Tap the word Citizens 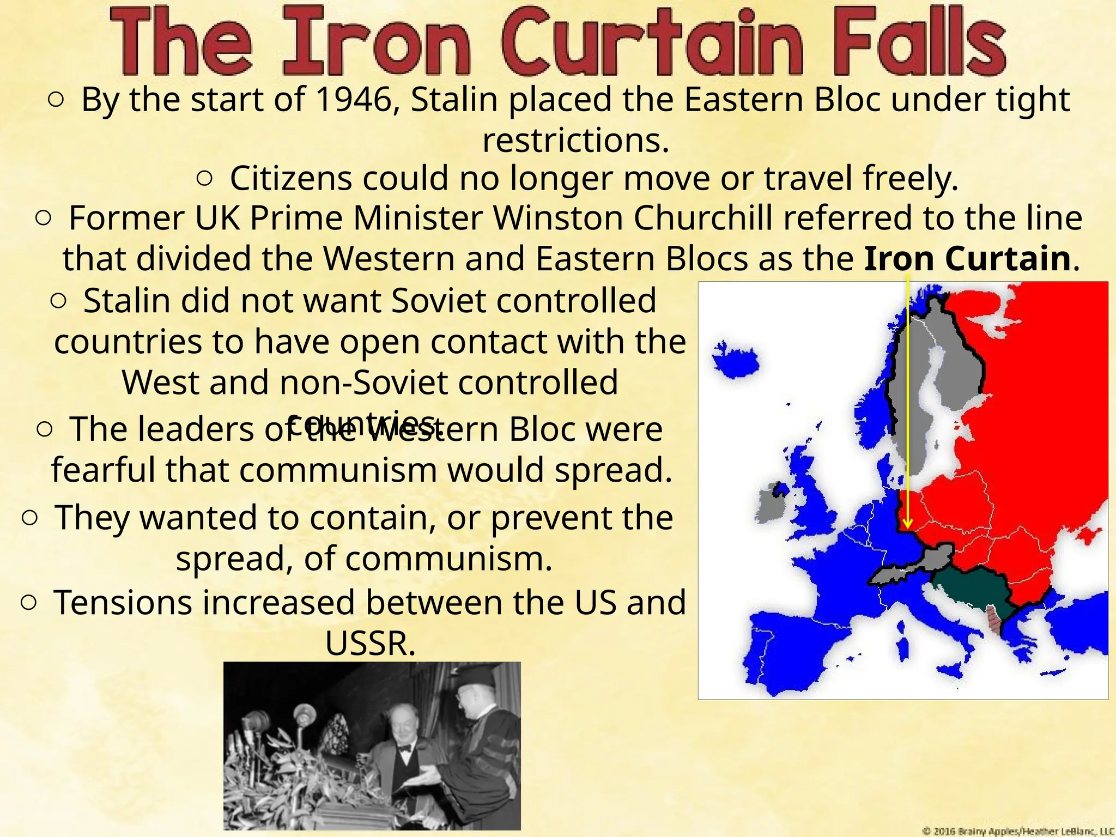coord(290,178)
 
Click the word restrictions coord(575,141)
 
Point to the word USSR coord(371,644)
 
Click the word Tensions coord(123,603)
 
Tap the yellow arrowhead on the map coord(907,524)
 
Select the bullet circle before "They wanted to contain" coord(29,518)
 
